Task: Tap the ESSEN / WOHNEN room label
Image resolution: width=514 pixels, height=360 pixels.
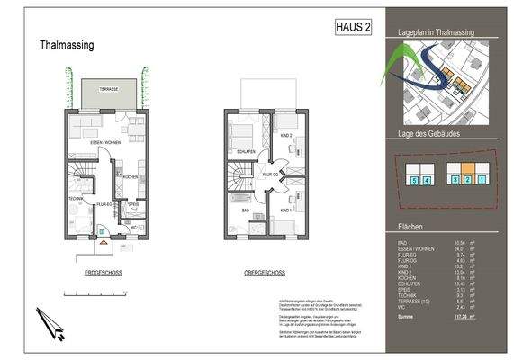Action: click(101, 142)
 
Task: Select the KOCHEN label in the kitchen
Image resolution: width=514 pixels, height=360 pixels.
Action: click(131, 176)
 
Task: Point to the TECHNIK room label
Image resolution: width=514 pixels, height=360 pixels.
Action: click(76, 198)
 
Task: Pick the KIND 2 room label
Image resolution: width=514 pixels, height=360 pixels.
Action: click(285, 135)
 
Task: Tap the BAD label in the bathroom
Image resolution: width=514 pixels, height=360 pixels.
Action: click(244, 209)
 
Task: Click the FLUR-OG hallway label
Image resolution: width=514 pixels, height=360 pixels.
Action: click(268, 174)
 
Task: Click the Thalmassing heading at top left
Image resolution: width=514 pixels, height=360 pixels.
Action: click(68, 44)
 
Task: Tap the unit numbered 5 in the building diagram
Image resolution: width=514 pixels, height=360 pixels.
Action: click(414, 181)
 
